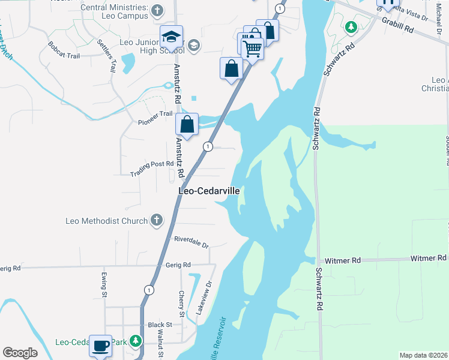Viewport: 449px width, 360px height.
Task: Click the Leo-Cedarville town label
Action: pos(209,191)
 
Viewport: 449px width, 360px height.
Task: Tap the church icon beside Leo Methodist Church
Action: pos(157,221)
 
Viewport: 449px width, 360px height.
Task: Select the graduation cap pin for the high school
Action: pos(171,37)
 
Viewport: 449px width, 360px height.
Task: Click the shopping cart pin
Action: pos(253,49)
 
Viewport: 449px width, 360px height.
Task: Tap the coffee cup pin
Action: pos(101,346)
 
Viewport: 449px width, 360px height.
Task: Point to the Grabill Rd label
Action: pos(400,28)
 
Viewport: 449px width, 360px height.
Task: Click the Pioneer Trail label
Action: pos(155,119)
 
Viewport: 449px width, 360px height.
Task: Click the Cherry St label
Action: pos(182,304)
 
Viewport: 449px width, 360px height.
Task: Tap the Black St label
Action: pos(160,325)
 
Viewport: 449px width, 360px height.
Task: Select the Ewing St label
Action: pos(104,286)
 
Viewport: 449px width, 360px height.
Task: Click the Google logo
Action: pos(20,353)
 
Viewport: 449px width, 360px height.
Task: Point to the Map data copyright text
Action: pos(424,355)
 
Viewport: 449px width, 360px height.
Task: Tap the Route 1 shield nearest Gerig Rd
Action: pos(148,290)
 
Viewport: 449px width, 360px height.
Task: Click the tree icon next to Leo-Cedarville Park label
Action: pos(136,342)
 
